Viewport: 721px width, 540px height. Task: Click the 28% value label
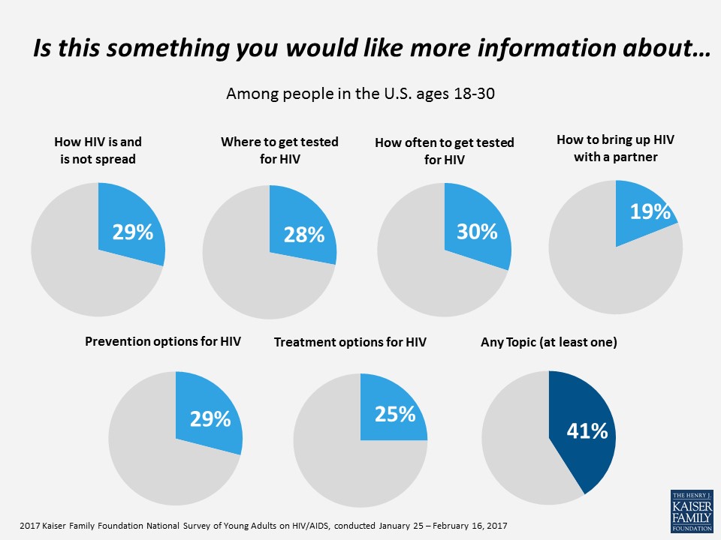[304, 235]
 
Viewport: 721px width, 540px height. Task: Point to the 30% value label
[477, 232]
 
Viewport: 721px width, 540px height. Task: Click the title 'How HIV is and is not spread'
[98, 149]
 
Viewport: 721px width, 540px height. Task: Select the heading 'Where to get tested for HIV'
[279, 149]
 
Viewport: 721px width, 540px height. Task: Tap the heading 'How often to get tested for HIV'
[444, 150]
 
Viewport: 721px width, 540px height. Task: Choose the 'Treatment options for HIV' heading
[350, 342]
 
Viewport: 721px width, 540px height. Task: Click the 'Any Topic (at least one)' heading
[548, 342]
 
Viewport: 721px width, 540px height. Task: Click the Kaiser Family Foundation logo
[691, 511]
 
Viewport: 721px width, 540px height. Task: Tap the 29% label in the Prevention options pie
[210, 418]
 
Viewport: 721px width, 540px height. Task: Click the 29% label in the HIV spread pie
[132, 232]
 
